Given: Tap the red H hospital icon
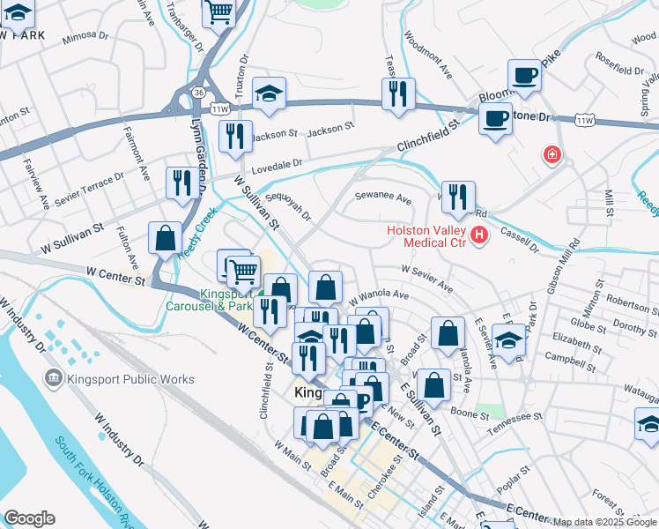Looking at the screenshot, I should point(479,235).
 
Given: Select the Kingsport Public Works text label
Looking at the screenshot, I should point(131,380).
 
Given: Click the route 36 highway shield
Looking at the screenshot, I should point(199,91).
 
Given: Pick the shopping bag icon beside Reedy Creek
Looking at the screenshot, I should point(166,237).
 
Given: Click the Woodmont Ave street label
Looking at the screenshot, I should point(427,57).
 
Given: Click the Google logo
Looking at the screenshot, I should point(28,518).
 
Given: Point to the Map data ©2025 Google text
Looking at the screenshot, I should point(603,522).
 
